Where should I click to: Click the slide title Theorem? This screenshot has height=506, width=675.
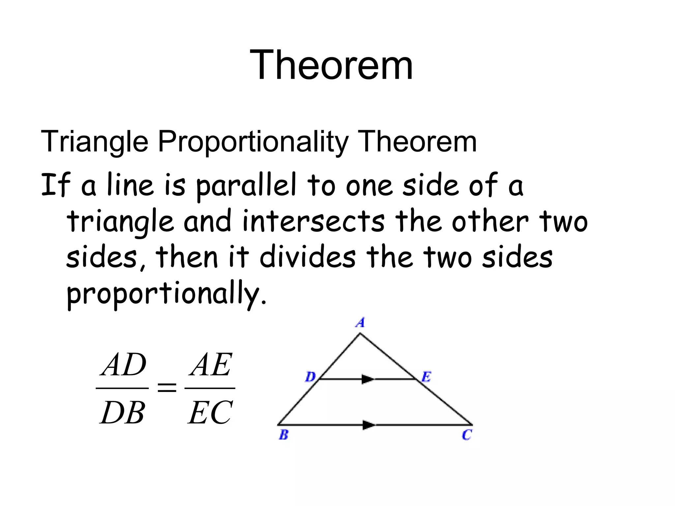click(331, 65)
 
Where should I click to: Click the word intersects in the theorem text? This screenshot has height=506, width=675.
click(313, 221)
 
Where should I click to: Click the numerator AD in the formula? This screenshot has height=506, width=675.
click(123, 365)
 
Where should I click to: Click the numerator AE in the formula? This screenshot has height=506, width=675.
click(211, 365)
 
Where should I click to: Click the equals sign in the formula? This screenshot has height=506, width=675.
click(167, 388)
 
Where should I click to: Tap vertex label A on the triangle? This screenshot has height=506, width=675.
click(361, 322)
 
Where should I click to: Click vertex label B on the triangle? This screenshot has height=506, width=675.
click(283, 435)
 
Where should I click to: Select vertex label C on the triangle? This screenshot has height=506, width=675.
click(467, 435)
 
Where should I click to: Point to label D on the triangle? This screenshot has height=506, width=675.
click(310, 377)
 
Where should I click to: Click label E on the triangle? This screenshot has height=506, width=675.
click(426, 377)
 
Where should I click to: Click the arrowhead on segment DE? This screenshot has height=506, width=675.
click(368, 379)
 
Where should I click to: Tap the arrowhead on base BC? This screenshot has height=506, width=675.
click(369, 425)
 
